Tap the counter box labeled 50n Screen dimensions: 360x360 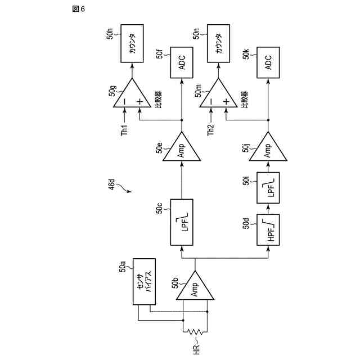pos(219,43)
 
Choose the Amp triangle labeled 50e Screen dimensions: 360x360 pos(182,149)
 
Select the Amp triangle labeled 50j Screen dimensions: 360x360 pos(268,149)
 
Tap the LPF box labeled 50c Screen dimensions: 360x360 pos(182,222)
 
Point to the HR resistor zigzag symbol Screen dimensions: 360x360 pos(195,333)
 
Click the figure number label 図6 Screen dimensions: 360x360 pos(79,10)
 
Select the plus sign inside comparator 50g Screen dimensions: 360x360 pos(139,102)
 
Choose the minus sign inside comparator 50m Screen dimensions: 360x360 pos(211,102)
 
